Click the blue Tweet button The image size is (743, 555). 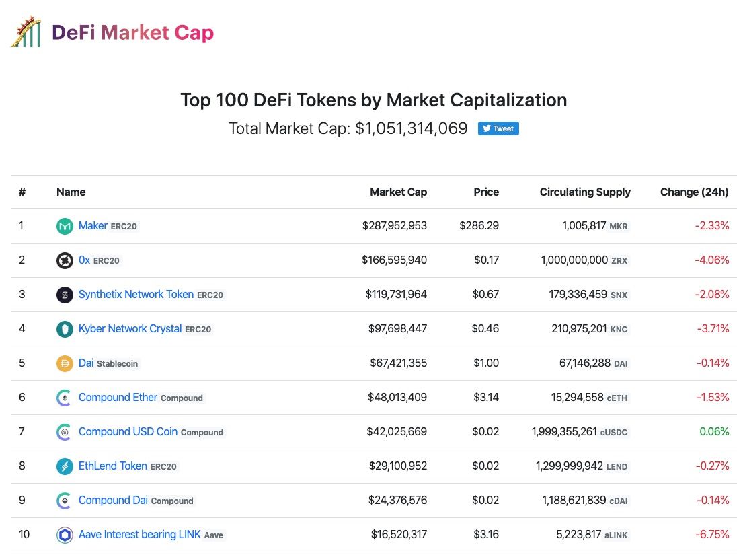point(498,128)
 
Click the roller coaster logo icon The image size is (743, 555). point(26,32)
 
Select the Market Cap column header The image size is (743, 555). point(398,192)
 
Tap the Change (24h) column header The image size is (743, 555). point(694,192)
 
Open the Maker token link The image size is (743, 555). point(93,226)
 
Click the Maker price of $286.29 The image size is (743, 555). point(479,226)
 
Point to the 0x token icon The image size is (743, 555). point(65,260)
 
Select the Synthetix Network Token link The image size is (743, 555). point(136,295)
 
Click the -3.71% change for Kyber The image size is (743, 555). point(713,329)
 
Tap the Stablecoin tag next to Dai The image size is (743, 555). point(117,364)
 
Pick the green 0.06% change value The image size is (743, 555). point(714,432)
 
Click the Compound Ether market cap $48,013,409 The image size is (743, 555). point(397,398)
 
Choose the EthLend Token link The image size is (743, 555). point(112,466)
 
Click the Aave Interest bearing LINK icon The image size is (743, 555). point(65,535)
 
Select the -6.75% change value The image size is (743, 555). point(713,535)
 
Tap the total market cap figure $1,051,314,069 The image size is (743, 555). point(411,128)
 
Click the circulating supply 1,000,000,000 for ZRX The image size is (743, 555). point(574,260)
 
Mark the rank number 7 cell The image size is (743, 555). point(22,432)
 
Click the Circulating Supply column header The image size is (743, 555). point(585,192)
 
